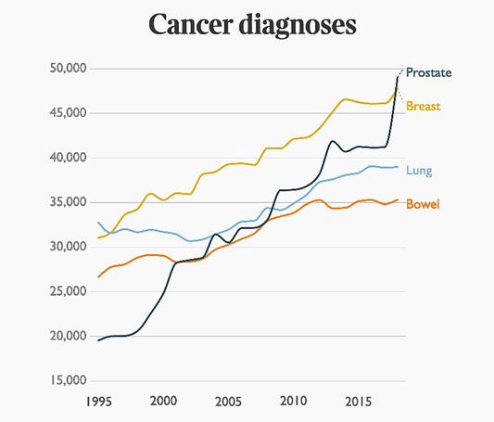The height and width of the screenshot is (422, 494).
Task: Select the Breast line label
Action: pos(422,107)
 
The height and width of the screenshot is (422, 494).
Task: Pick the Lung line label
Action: pos(419,171)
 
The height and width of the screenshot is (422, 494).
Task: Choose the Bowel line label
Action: pos(422,204)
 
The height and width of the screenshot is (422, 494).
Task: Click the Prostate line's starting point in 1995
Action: pos(99,340)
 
